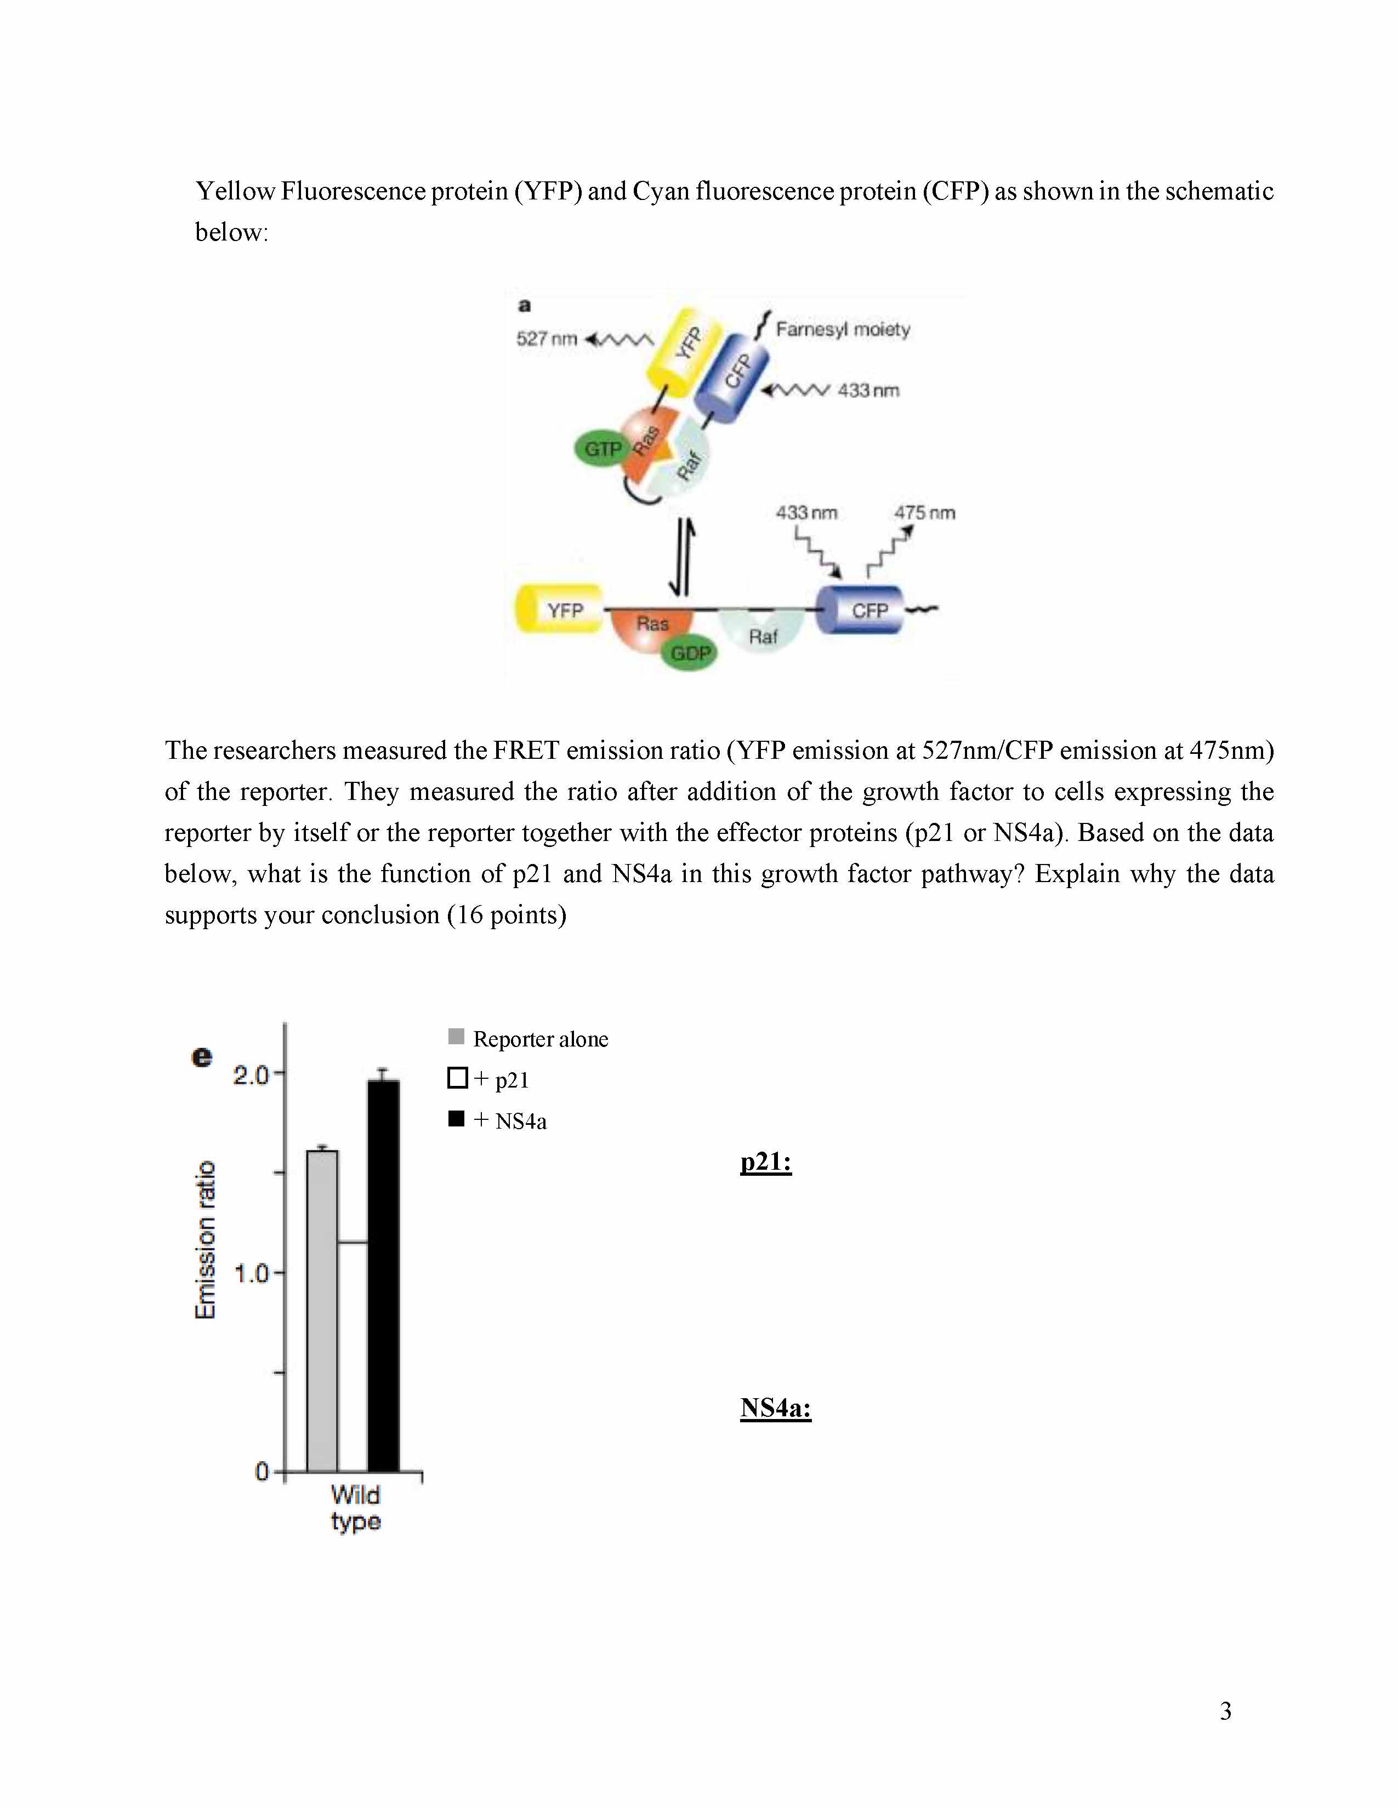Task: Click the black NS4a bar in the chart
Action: pyautogui.click(x=383, y=1275)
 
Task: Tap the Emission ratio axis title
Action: pyautogui.click(x=204, y=1239)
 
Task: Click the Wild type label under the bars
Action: pyautogui.click(x=355, y=1508)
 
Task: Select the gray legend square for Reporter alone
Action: pyautogui.click(x=456, y=1037)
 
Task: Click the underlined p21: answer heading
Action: pyautogui.click(x=766, y=1162)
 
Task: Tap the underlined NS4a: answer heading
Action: pyautogui.click(x=775, y=1408)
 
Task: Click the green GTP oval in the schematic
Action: pyautogui.click(x=602, y=449)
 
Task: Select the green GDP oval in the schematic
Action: pyautogui.click(x=690, y=653)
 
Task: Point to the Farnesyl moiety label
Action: pyautogui.click(x=842, y=329)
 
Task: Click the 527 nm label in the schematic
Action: pyautogui.click(x=546, y=339)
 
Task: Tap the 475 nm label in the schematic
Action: pyautogui.click(x=924, y=512)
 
